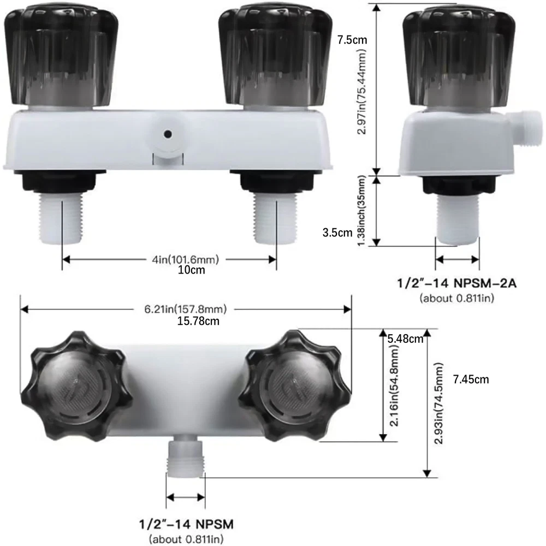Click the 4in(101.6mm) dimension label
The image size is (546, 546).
click(185, 259)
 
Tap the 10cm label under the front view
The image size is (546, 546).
click(191, 270)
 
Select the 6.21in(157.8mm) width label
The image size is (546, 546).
click(185, 309)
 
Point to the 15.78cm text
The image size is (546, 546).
click(198, 321)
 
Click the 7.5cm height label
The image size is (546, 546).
click(352, 40)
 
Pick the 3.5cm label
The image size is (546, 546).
click(337, 233)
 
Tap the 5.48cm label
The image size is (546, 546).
click(405, 339)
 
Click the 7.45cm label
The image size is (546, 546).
click(471, 379)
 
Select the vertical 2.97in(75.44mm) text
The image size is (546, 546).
click(362, 91)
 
